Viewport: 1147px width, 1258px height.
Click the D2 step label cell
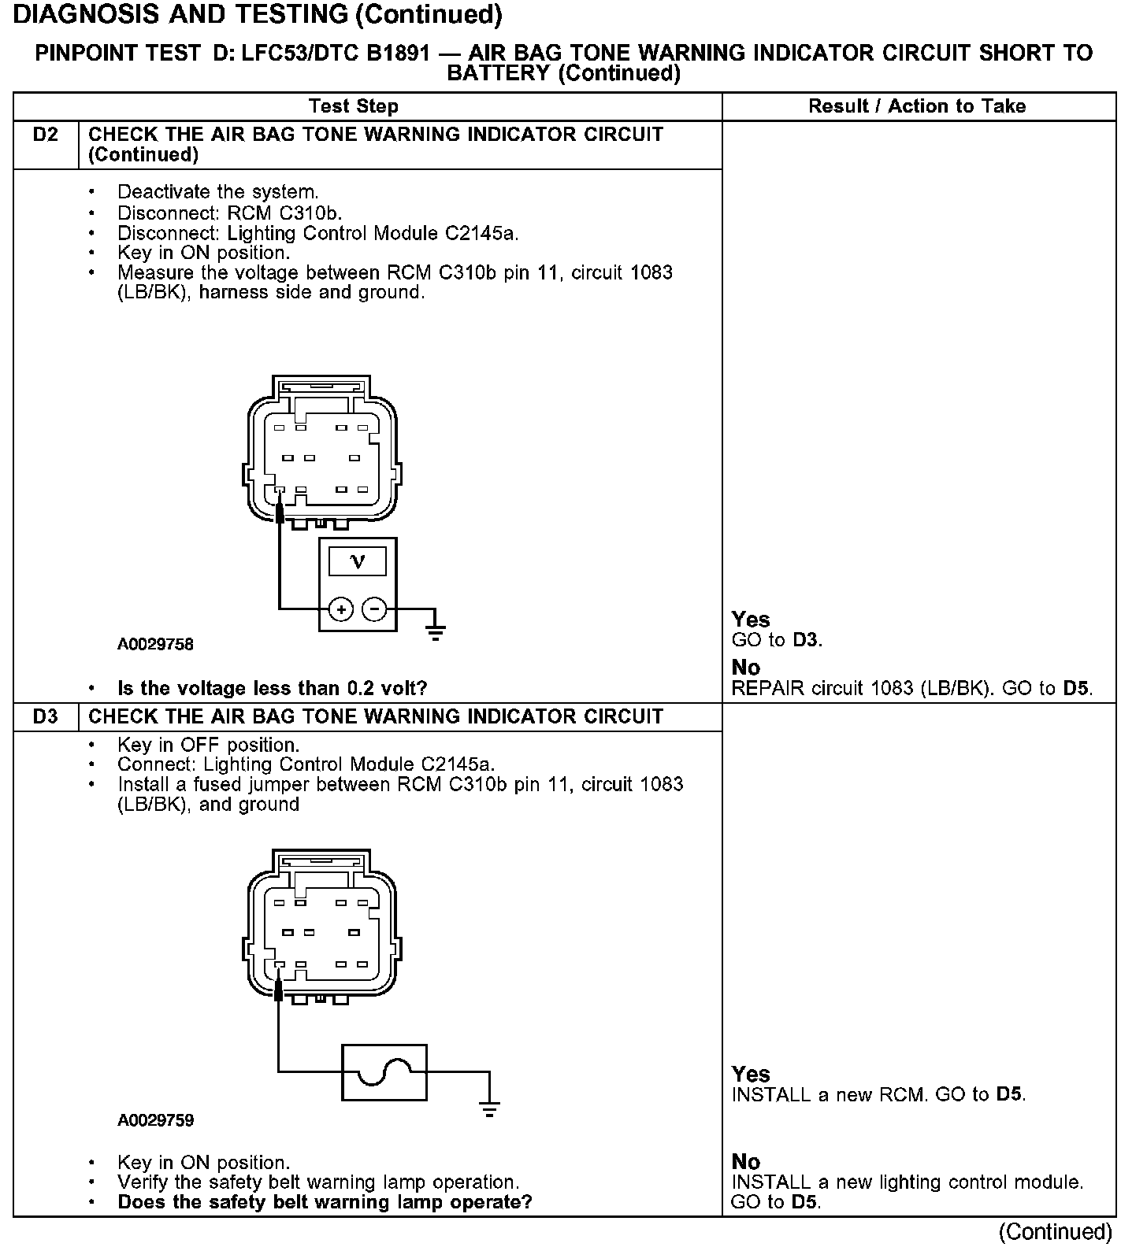pyautogui.click(x=46, y=135)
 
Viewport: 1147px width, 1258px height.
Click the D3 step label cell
pyautogui.click(x=46, y=717)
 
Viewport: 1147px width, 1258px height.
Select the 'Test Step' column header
pyautogui.click(x=354, y=106)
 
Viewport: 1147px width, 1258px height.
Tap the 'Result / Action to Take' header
pyautogui.click(x=917, y=106)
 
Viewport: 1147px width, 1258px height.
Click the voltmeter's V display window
pyautogui.click(x=358, y=561)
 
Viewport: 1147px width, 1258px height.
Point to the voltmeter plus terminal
pyautogui.click(x=341, y=609)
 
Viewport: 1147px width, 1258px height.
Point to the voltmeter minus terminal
pyautogui.click(x=374, y=609)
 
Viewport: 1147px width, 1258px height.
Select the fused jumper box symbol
pyautogui.click(x=384, y=1072)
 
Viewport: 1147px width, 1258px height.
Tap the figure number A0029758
pyautogui.click(x=155, y=645)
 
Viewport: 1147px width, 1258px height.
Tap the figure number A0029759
pyautogui.click(x=155, y=1120)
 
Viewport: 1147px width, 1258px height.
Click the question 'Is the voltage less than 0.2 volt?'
pyautogui.click(x=272, y=689)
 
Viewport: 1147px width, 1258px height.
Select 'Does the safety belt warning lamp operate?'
pyautogui.click(x=325, y=1202)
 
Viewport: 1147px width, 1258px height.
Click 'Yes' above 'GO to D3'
pyautogui.click(x=750, y=620)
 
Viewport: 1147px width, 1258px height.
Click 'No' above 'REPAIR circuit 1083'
pyautogui.click(x=745, y=668)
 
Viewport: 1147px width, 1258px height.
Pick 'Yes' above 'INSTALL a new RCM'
pyautogui.click(x=750, y=1074)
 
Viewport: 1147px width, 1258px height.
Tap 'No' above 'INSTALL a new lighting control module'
pyautogui.click(x=745, y=1162)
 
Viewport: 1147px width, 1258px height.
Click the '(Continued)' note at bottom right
pyautogui.click(x=1055, y=1232)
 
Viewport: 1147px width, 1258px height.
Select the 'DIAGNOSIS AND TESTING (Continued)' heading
pyautogui.click(x=258, y=14)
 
